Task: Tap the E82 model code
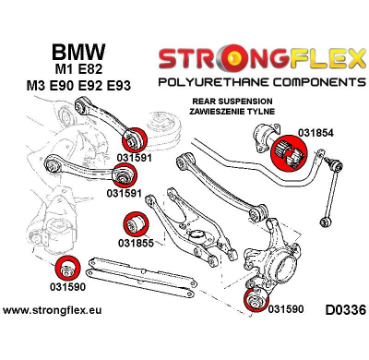pyautogui.click(x=86, y=74)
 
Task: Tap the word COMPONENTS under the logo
pyautogui.click(x=304, y=83)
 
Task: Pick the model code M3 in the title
pyautogui.click(x=28, y=92)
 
